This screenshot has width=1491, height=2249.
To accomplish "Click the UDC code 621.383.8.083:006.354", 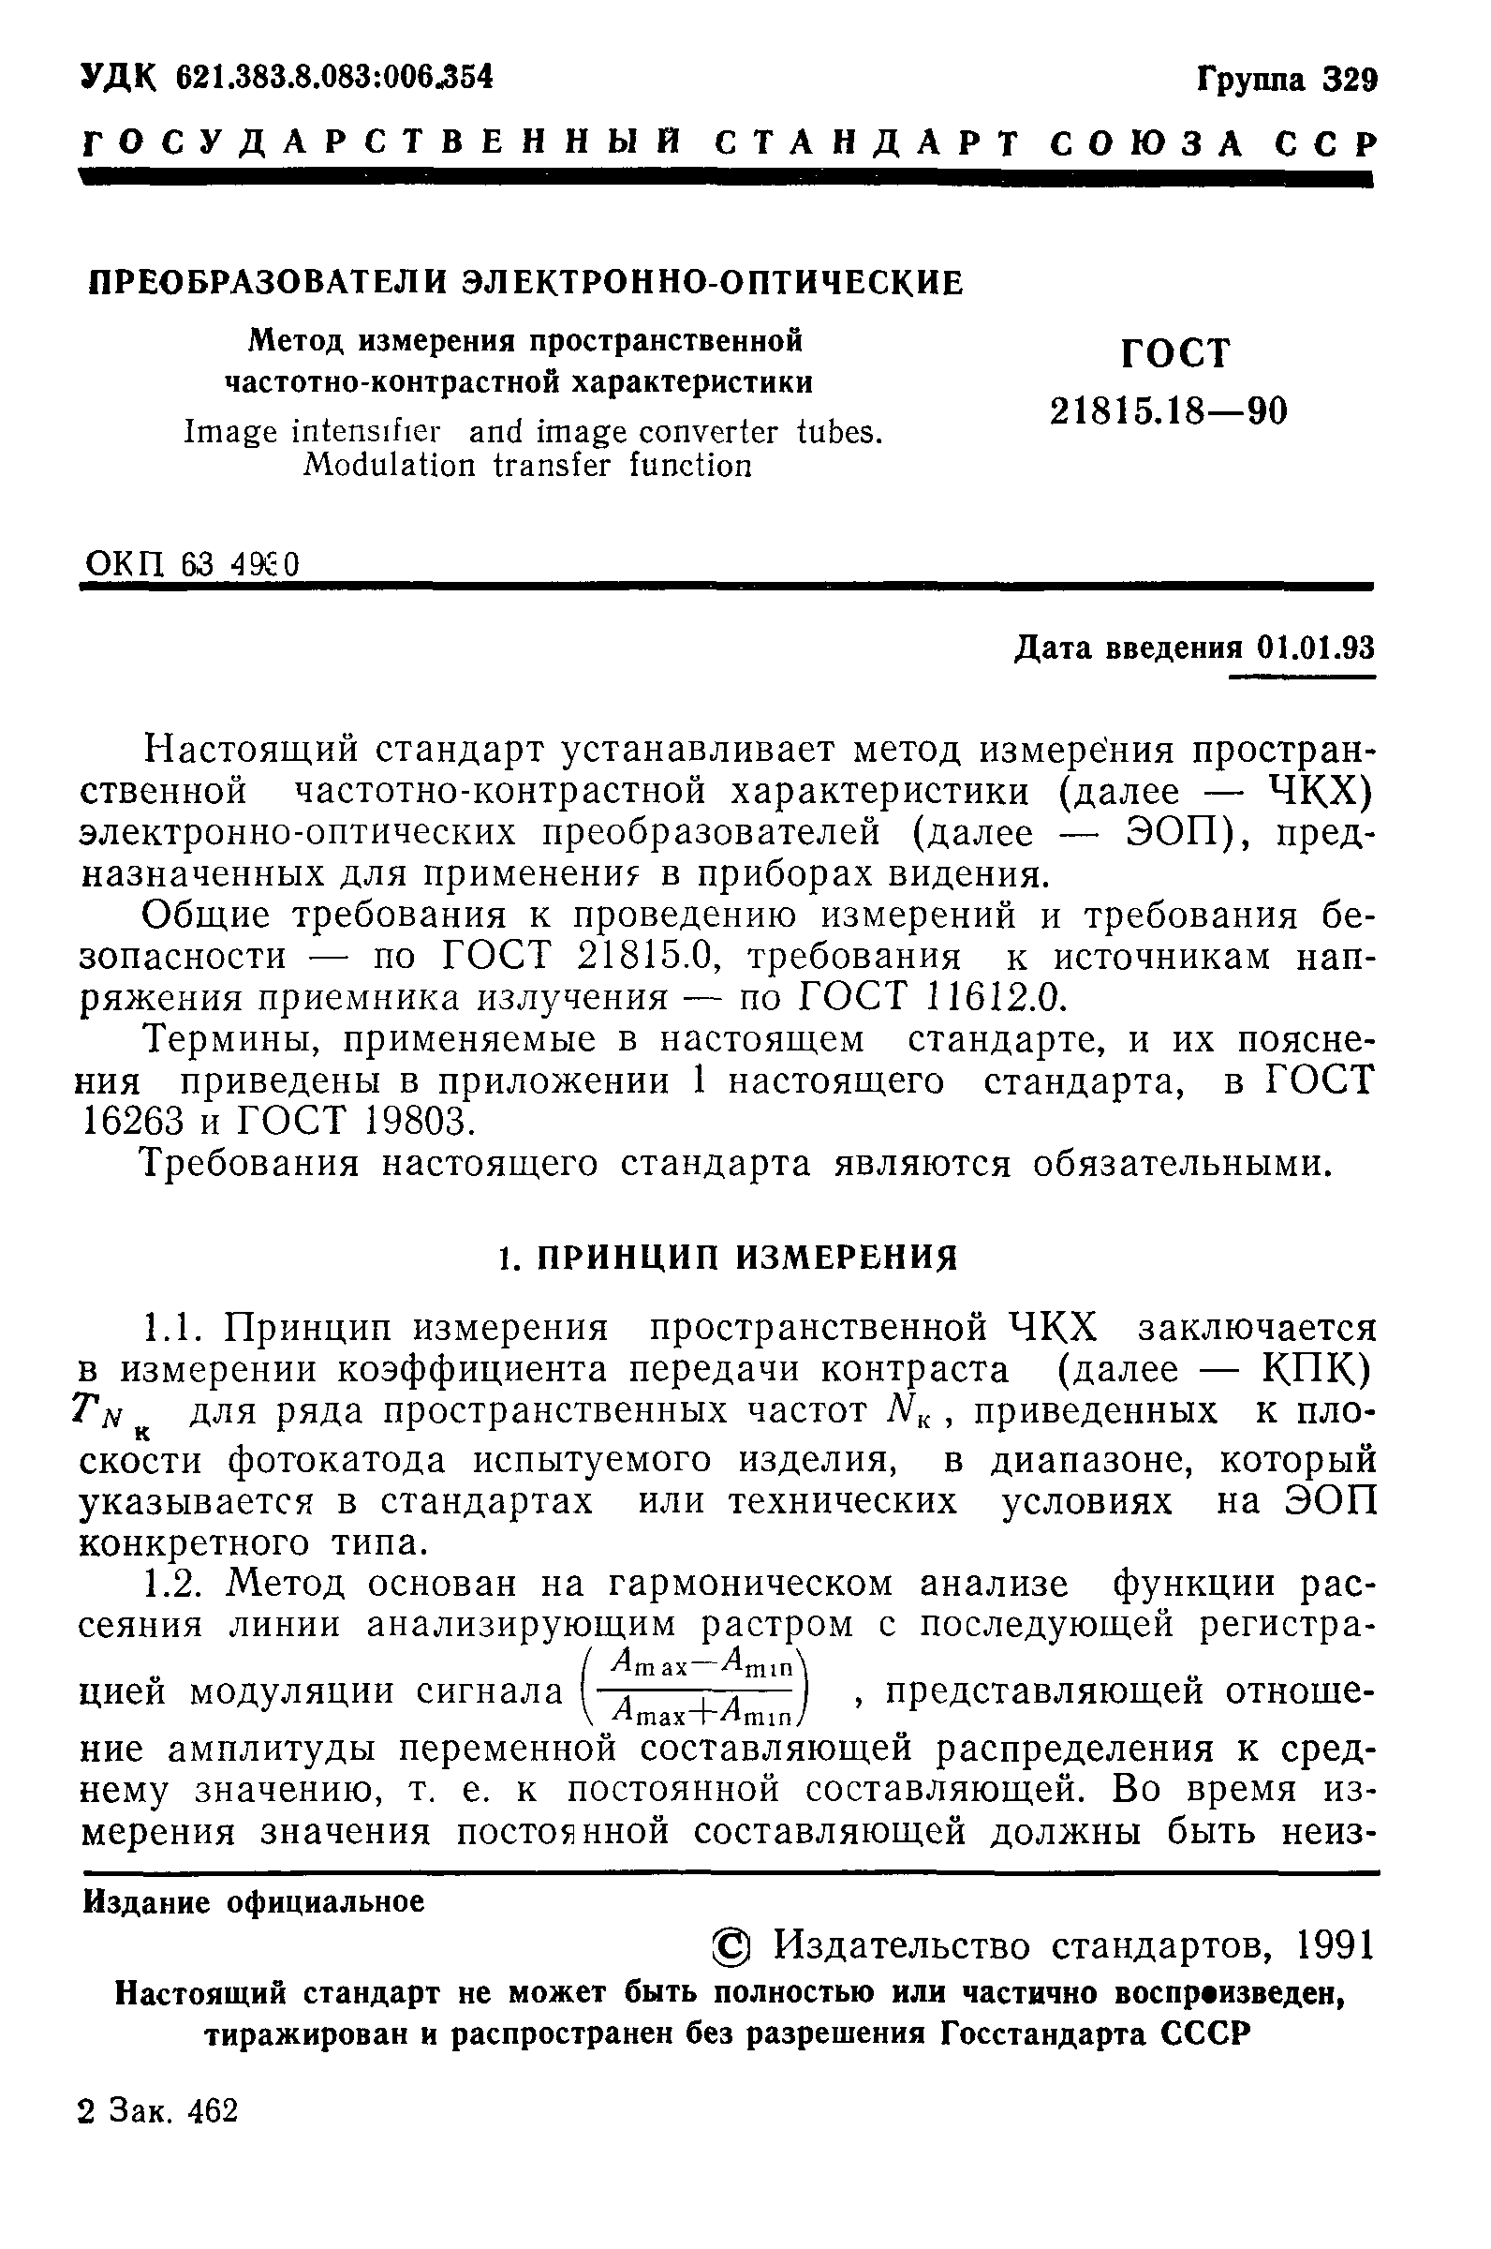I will pyautogui.click(x=334, y=77).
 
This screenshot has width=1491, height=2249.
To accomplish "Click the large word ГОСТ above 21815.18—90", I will pyautogui.click(x=1176, y=354).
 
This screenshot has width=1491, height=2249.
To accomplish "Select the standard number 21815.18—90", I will pyautogui.click(x=1168, y=411).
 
